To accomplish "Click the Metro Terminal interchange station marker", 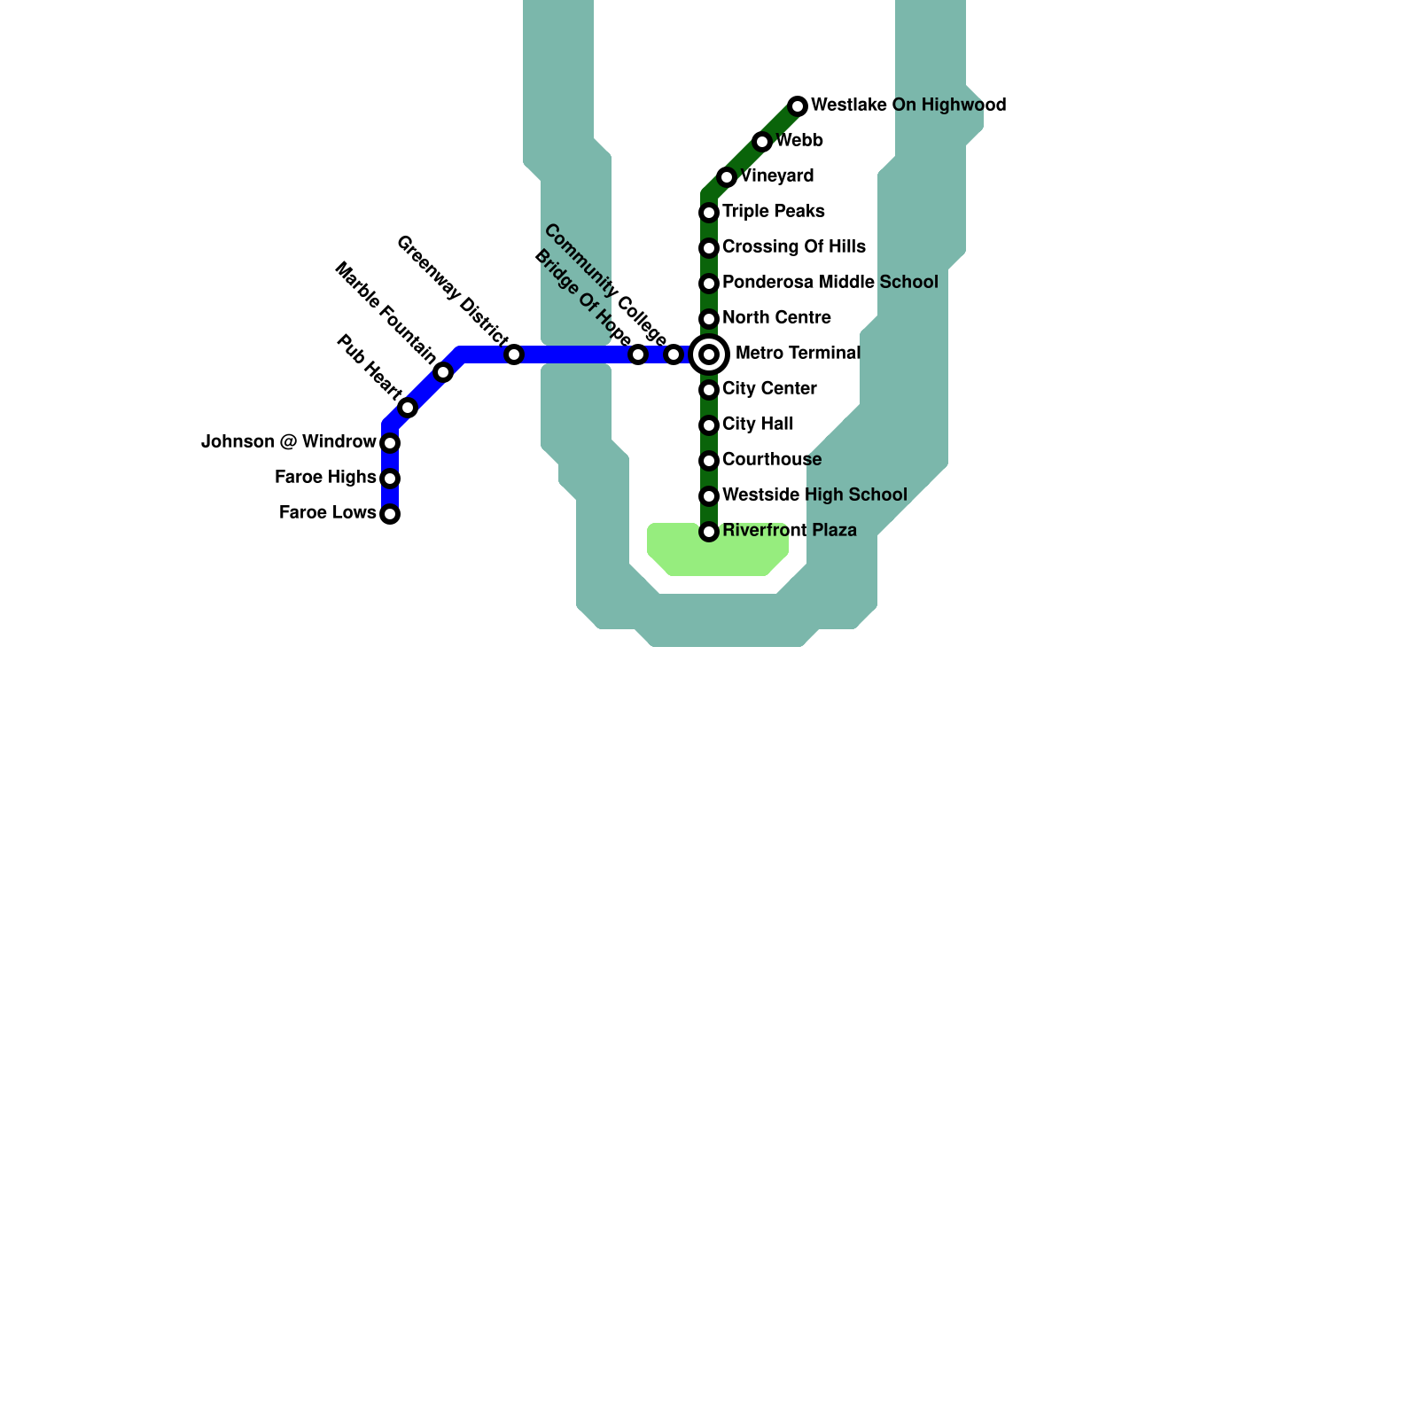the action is [709, 354].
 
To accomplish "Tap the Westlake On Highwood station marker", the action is [798, 106].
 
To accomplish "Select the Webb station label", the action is [799, 141].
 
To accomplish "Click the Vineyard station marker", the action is [727, 177].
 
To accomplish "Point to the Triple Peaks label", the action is [773, 212].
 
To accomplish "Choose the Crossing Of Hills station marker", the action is [709, 248].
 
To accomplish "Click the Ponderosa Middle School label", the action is [830, 283].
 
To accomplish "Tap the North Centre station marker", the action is [709, 319].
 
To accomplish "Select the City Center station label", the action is [769, 389].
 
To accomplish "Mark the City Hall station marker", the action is [709, 425].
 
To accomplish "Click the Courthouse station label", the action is [772, 460].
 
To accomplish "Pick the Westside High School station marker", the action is [709, 496].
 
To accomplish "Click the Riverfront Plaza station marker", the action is [709, 532].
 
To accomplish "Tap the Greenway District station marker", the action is [514, 354].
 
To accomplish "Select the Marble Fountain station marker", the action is [443, 372].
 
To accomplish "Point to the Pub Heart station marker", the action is [408, 408].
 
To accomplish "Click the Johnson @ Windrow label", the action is [289, 442].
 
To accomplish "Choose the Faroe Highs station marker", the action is [390, 479].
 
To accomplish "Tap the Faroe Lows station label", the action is [327, 513].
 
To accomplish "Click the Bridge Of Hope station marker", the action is [638, 354].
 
